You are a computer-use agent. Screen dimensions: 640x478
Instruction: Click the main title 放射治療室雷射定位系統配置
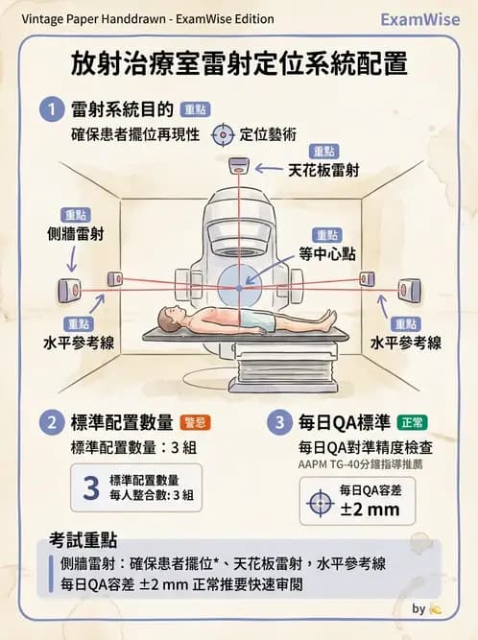pos(239,64)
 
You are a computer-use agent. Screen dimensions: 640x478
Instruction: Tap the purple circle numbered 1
pos(50,109)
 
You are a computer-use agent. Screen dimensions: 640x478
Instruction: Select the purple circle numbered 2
pos(50,422)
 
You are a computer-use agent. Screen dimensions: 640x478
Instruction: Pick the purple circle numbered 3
pos(280,422)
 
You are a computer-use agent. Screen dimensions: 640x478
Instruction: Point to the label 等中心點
pos(326,253)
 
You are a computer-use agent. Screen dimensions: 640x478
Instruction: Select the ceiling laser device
pos(237,170)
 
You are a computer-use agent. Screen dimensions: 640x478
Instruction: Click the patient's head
pos(170,317)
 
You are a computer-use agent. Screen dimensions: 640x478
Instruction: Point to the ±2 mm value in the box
pos(370,510)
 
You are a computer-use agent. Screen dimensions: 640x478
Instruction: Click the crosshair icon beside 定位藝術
pos(223,134)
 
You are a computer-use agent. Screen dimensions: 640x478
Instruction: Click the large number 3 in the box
pos(91,488)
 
